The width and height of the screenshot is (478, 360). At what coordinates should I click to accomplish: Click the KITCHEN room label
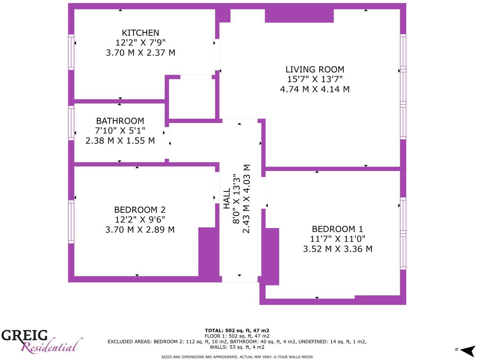141,33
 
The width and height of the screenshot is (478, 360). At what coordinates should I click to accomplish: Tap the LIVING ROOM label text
315,69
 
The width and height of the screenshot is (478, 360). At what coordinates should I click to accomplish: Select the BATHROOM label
120,121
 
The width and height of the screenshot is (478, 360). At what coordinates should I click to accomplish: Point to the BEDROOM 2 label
140,210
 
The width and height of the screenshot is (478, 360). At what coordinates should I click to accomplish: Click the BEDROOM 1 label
337,229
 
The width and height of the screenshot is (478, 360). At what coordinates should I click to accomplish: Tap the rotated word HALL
227,199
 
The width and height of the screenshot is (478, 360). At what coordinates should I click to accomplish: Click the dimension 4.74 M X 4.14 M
315,89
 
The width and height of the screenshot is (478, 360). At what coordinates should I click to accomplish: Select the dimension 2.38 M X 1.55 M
120,141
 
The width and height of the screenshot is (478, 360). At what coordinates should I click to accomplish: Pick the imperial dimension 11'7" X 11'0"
337,239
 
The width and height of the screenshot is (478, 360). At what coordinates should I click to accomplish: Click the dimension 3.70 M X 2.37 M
141,53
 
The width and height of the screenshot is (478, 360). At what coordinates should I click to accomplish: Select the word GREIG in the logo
24,335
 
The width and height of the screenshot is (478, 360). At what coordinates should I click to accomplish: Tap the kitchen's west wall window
71,52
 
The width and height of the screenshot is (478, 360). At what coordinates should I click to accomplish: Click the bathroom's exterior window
71,123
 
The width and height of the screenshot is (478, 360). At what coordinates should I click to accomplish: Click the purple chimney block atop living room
299,15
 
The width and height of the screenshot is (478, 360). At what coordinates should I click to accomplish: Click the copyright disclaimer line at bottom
237,357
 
